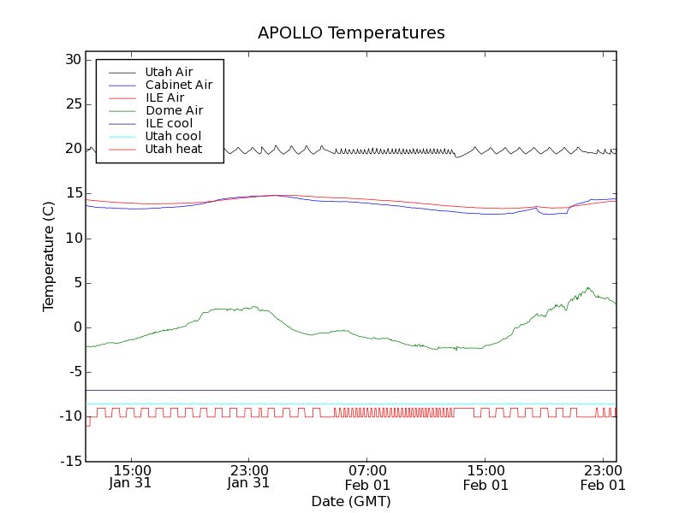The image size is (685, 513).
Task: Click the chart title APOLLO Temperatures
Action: (351, 33)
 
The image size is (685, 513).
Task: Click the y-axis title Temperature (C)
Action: (49, 256)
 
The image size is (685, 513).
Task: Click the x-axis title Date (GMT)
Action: (351, 501)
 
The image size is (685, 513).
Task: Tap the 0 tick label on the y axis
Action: (76, 327)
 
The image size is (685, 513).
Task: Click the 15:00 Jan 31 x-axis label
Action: (130, 476)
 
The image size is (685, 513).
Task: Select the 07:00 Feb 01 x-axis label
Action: (366, 476)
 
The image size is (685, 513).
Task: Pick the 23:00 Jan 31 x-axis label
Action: (248, 476)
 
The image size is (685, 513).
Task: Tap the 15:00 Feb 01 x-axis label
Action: (485, 476)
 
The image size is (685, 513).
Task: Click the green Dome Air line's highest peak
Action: (588, 288)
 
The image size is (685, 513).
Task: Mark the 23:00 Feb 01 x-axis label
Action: (604, 476)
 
